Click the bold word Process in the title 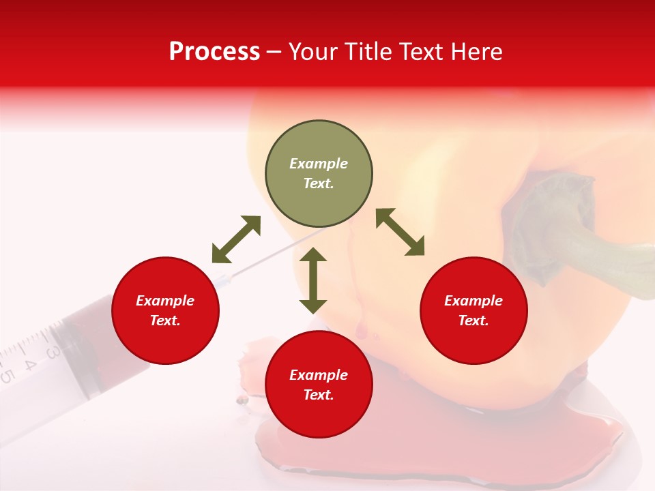click(x=214, y=52)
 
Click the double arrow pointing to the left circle click(x=236, y=239)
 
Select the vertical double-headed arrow click(x=313, y=280)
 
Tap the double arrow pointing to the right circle click(x=401, y=232)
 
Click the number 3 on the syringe click(x=52, y=352)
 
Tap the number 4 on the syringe click(x=29, y=363)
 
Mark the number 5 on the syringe click(x=7, y=375)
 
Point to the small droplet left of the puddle click(x=240, y=400)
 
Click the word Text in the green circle click(x=319, y=183)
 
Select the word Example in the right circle click(x=474, y=301)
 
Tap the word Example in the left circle click(x=165, y=301)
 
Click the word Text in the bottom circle click(x=319, y=395)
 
